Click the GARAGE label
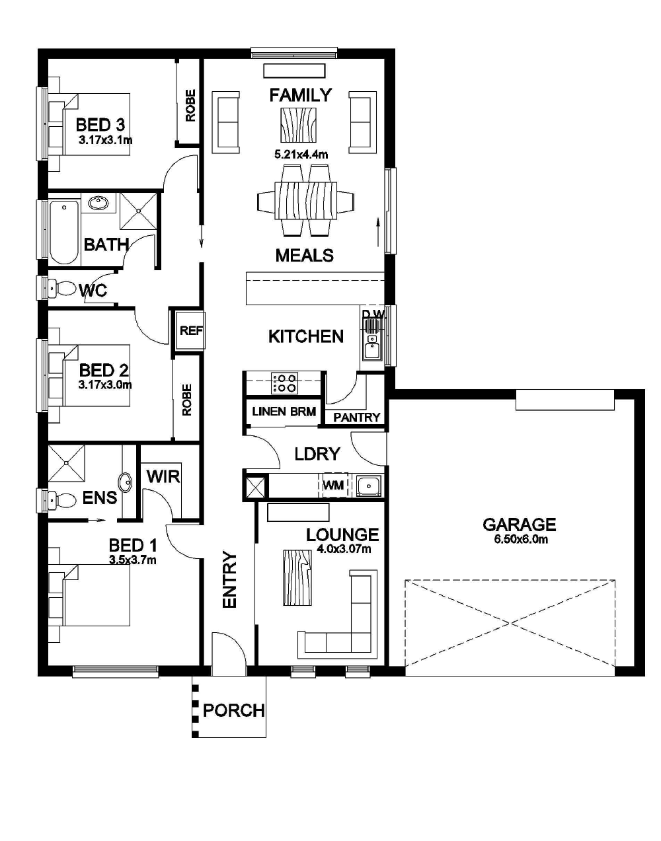pyautogui.click(x=519, y=525)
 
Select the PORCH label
pyautogui.click(x=233, y=711)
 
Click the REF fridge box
pyautogui.click(x=191, y=330)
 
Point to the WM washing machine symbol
pyautogui.click(x=334, y=486)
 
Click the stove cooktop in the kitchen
pyautogui.click(x=285, y=383)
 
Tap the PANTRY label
pyautogui.click(x=356, y=418)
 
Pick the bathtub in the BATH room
pyautogui.click(x=64, y=232)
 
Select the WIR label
pyautogui.click(x=163, y=476)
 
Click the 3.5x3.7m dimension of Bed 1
pyautogui.click(x=133, y=560)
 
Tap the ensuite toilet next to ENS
pyautogui.click(x=61, y=500)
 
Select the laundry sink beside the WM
pyautogui.click(x=368, y=486)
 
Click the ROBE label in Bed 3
pyautogui.click(x=190, y=106)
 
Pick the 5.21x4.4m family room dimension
pyautogui.click(x=301, y=155)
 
